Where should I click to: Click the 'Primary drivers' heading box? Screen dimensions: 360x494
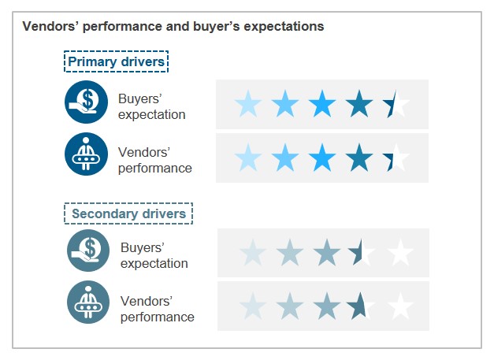point(117,62)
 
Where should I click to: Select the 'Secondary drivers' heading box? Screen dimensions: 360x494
point(128,213)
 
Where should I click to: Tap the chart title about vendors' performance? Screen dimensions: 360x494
point(173,26)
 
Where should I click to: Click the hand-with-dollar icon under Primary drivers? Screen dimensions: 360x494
point(86,103)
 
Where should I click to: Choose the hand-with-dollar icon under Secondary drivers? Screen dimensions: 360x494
point(88,251)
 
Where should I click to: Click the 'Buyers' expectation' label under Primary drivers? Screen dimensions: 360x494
point(152,107)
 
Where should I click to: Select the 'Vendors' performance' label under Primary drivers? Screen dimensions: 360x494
point(154,160)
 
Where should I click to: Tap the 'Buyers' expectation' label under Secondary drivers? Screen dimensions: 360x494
point(154,256)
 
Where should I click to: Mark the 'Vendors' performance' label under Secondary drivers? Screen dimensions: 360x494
point(157,310)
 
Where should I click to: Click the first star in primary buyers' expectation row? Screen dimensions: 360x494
point(248,103)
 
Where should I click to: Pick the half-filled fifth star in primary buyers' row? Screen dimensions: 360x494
point(396,103)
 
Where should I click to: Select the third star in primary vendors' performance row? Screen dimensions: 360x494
point(322,158)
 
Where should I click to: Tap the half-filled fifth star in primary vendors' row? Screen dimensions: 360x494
point(396,158)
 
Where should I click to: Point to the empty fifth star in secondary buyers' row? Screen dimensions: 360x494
point(400,253)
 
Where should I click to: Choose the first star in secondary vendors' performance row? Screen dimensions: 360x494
point(252,305)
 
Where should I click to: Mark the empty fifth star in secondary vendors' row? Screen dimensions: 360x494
point(400,305)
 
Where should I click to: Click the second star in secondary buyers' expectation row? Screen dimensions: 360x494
point(289,253)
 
